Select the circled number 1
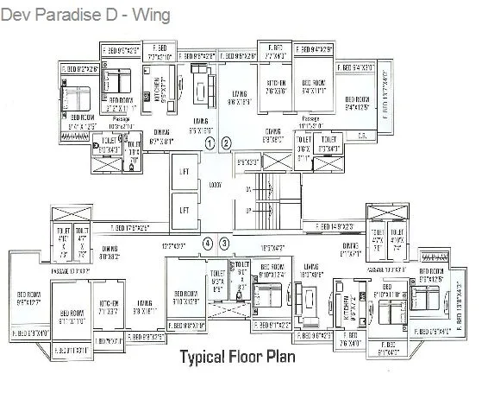click(x=209, y=142)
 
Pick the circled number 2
click(x=226, y=142)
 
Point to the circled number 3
click(x=224, y=244)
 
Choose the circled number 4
click(x=207, y=244)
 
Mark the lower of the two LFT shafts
click(x=183, y=210)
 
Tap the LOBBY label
click(x=216, y=185)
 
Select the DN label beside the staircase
click(x=248, y=187)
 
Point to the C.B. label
click(x=362, y=135)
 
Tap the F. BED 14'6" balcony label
click(x=335, y=227)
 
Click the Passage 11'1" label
click(x=310, y=121)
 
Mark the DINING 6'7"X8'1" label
click(x=162, y=136)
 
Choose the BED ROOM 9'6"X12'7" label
click(x=30, y=299)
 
